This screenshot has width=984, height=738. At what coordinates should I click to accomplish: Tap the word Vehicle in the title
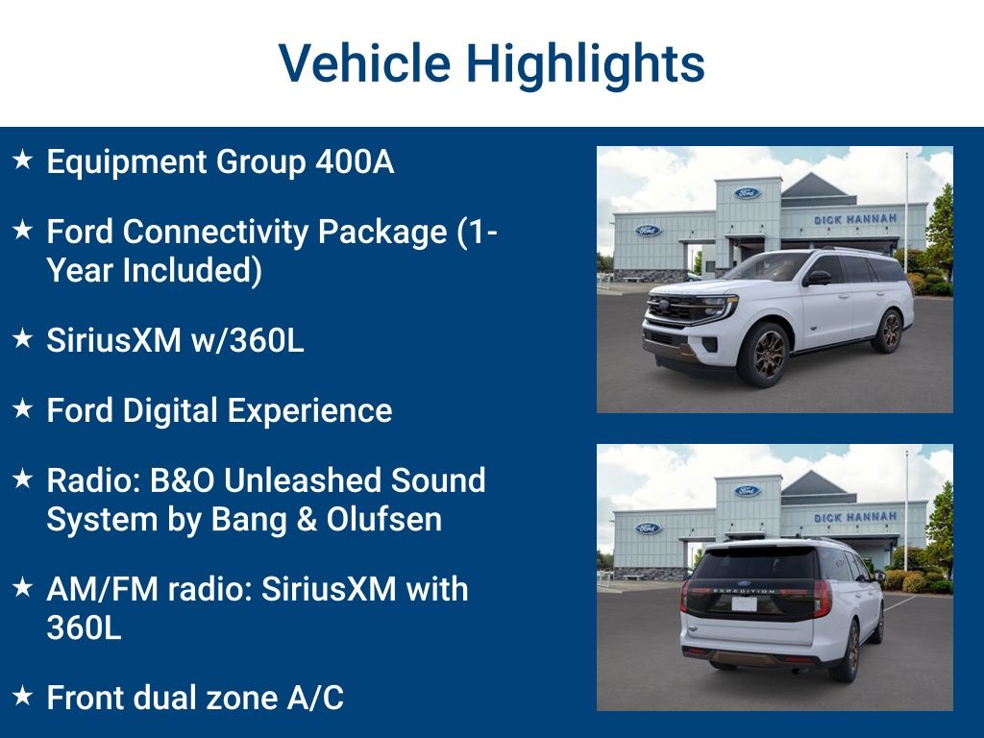coord(364,62)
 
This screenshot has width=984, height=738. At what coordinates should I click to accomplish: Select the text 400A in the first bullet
coord(355,161)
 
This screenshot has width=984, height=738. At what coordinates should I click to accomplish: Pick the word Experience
coord(309,412)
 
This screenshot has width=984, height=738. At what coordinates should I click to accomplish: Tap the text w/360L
coord(247,340)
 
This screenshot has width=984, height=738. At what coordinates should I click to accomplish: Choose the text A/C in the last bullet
coord(315,698)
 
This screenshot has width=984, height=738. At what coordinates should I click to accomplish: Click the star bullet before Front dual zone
coord(23,696)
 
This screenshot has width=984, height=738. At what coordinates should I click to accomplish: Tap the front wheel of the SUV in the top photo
coord(763,354)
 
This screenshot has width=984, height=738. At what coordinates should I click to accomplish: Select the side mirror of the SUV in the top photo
coord(817,278)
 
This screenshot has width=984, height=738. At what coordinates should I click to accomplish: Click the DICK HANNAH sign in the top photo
coord(855,219)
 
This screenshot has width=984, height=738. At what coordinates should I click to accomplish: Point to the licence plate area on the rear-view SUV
coord(745,603)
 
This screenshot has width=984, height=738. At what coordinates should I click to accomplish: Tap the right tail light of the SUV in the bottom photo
coord(823,598)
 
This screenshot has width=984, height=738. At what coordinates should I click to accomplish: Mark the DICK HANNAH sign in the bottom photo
coord(855,517)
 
